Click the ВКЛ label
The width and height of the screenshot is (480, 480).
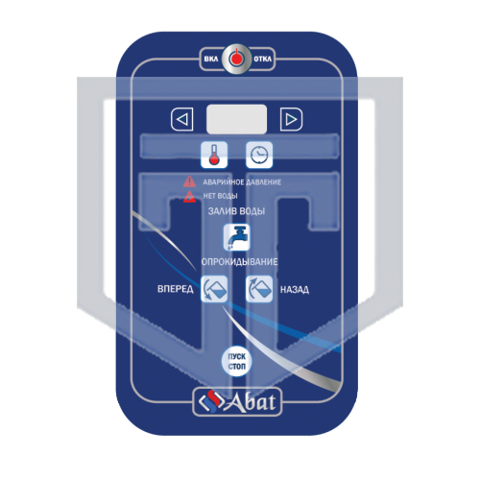[x=211, y=60]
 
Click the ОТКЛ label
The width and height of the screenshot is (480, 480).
[x=262, y=60]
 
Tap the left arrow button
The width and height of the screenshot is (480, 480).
[x=182, y=120]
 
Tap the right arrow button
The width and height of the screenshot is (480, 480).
[x=291, y=120]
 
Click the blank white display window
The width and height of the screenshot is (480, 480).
[x=236, y=119]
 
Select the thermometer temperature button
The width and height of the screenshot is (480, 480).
[x=214, y=155]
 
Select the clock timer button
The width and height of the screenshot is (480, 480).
[x=259, y=155]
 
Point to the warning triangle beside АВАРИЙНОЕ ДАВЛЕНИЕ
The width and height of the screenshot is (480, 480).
[x=189, y=182]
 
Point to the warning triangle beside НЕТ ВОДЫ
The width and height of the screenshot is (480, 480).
[x=189, y=197]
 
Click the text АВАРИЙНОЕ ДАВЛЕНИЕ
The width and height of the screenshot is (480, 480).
[x=242, y=182]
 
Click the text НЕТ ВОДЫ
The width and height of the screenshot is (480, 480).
[x=220, y=196]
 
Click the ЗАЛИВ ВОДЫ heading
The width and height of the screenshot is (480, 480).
[x=236, y=211]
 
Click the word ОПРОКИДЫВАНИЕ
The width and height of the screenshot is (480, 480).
[x=239, y=262]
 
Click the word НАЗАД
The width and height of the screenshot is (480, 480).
[x=295, y=290]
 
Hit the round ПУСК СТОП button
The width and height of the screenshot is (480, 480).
[x=237, y=362]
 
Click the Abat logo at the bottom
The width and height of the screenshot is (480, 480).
[x=237, y=402]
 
